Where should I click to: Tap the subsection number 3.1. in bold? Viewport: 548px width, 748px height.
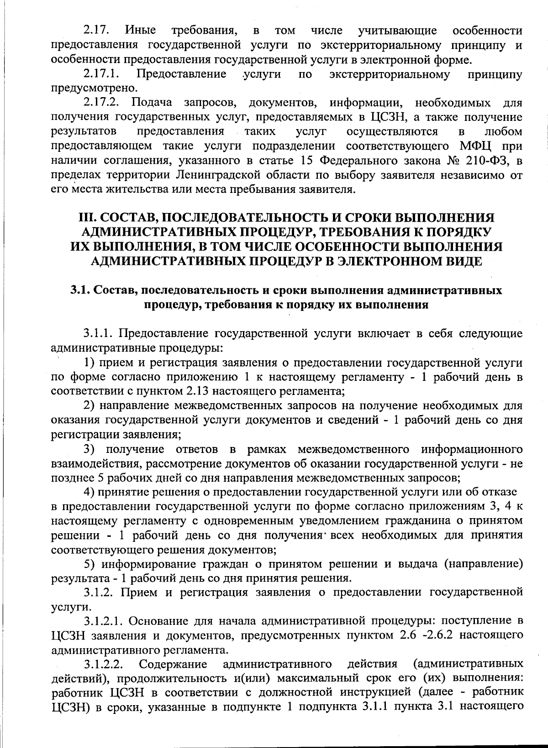79,291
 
